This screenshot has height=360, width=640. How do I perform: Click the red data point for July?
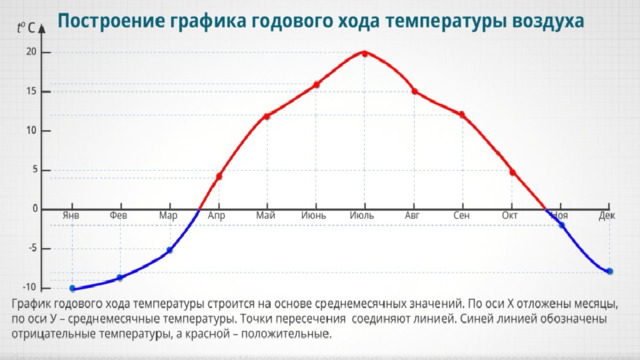click(x=365, y=53)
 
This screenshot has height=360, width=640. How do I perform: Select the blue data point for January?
click(x=73, y=289)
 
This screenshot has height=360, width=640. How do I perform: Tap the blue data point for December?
click(x=610, y=271)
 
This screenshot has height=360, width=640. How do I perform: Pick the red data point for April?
click(x=219, y=177)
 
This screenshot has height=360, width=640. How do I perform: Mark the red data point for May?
click(x=267, y=116)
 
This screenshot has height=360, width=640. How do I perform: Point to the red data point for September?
click(x=462, y=115)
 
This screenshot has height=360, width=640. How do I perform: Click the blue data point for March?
click(x=170, y=250)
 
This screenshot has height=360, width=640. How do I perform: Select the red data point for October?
click(x=513, y=173)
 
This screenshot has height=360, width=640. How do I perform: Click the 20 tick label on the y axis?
click(x=31, y=52)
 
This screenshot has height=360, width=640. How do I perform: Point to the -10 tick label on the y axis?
click(x=29, y=287)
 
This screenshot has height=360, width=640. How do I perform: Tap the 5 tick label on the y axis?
click(x=35, y=169)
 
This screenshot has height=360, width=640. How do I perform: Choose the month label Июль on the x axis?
click(x=362, y=215)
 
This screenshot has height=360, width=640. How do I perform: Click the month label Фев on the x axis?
click(x=118, y=215)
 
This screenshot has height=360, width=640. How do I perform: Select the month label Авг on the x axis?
click(x=412, y=215)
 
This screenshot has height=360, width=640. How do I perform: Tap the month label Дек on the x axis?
click(x=607, y=215)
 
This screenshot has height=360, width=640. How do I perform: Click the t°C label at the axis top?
click(x=26, y=28)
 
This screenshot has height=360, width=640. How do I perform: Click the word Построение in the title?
click(x=111, y=21)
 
